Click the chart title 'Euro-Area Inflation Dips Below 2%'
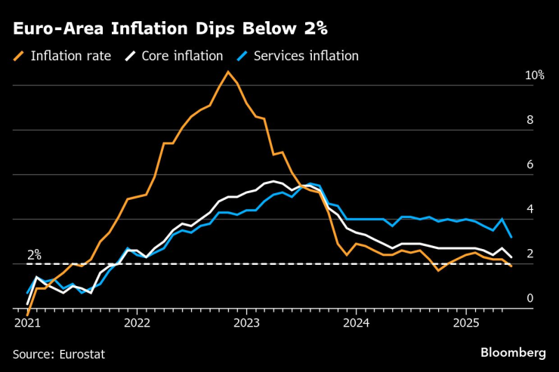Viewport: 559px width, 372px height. coord(170,29)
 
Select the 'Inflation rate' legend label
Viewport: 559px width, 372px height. coord(71,56)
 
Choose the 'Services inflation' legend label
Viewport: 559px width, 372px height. coord(306,56)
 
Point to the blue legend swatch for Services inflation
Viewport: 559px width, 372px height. coord(242,56)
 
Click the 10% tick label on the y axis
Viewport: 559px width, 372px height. coord(534,76)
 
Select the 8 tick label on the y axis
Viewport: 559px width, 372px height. coord(530,120)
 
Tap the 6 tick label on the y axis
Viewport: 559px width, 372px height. coord(530,164)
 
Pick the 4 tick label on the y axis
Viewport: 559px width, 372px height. coord(530,209)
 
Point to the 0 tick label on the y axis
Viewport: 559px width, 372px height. coord(530,298)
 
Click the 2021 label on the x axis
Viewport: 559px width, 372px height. coord(27,324)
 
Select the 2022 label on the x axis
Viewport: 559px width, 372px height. coord(137,324)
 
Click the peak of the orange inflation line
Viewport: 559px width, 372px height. coord(228,72)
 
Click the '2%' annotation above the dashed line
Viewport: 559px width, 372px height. coord(34,255)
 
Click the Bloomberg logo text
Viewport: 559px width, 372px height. coord(513,352)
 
